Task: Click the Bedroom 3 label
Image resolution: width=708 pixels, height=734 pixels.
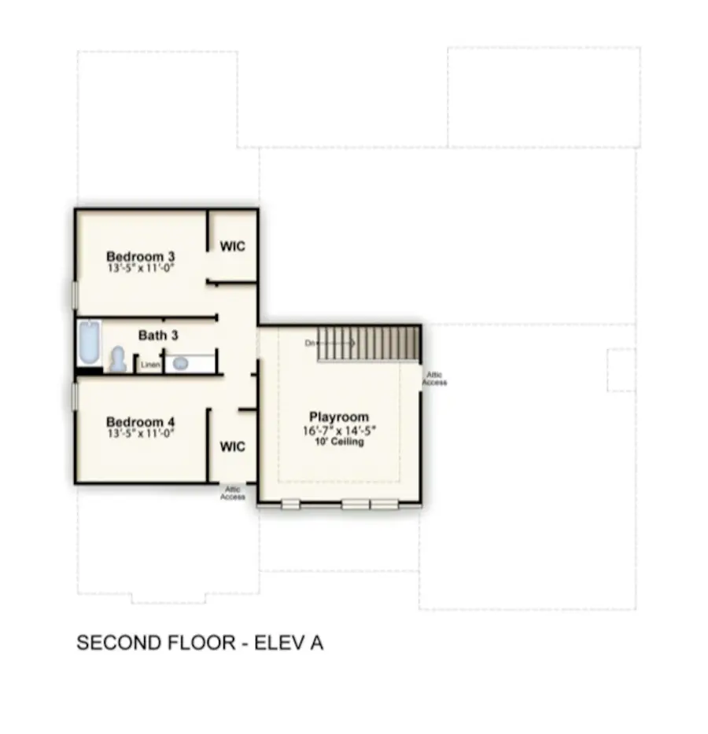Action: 140,256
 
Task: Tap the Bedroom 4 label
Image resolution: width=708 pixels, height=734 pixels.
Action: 140,421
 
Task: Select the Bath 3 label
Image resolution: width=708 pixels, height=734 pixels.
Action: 158,336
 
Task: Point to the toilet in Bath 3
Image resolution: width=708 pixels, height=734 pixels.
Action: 118,360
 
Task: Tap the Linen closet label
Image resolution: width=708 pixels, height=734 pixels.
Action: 149,365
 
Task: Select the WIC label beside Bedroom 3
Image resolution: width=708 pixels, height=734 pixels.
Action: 232,246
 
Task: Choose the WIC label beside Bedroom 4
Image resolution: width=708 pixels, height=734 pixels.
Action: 232,447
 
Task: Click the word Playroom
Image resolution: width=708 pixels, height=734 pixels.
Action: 338,417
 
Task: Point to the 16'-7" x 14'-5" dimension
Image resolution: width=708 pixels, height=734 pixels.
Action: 338,431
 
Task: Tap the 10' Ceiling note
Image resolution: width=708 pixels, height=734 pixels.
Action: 338,442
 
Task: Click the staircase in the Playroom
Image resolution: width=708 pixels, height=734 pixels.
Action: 368,343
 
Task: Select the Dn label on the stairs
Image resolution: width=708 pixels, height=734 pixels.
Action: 312,343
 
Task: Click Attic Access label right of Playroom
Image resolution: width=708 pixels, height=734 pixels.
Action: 434,379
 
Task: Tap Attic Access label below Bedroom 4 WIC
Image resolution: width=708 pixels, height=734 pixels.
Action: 232,494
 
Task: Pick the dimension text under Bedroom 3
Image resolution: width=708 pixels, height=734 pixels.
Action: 140,268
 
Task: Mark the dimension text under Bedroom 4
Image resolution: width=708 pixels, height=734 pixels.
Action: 140,433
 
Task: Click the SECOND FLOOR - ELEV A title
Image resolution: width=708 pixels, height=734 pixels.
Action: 200,643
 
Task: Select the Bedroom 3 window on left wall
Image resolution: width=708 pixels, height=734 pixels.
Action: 76,295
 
